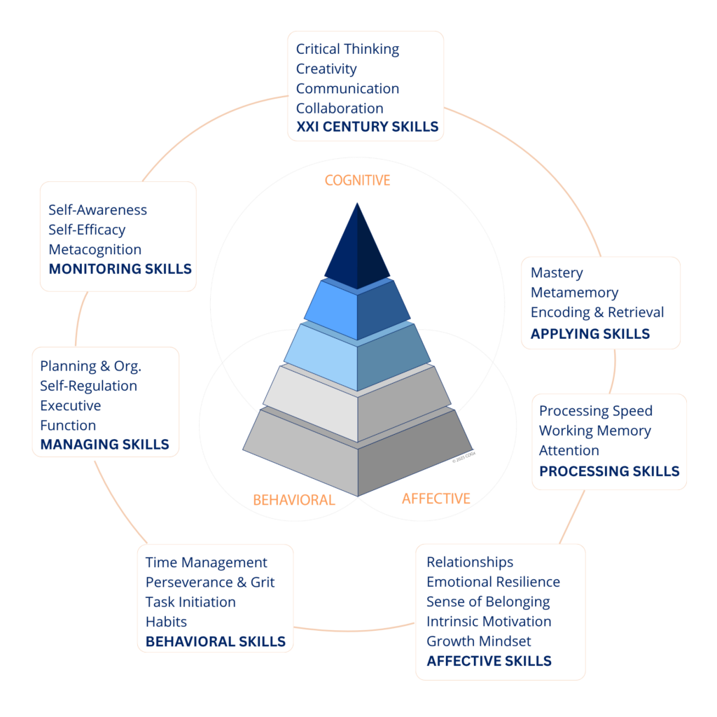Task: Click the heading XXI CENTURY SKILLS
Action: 367,127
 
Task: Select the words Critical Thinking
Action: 347,49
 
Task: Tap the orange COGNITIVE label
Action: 357,180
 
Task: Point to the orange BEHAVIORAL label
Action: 294,500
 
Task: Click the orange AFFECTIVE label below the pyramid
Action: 436,499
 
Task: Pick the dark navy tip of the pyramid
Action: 357,247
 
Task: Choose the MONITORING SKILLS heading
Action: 120,269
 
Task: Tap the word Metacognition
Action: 95,250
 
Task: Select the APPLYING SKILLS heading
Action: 590,334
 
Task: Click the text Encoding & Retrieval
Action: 597,312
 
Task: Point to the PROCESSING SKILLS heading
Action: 609,471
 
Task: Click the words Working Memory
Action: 595,431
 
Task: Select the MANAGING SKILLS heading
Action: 105,445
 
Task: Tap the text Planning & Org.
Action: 90,366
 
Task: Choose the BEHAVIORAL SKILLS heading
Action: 216,641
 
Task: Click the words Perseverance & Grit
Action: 210,582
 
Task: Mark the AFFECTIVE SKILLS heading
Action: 489,661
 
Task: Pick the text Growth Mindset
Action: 479,641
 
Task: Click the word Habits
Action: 166,622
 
